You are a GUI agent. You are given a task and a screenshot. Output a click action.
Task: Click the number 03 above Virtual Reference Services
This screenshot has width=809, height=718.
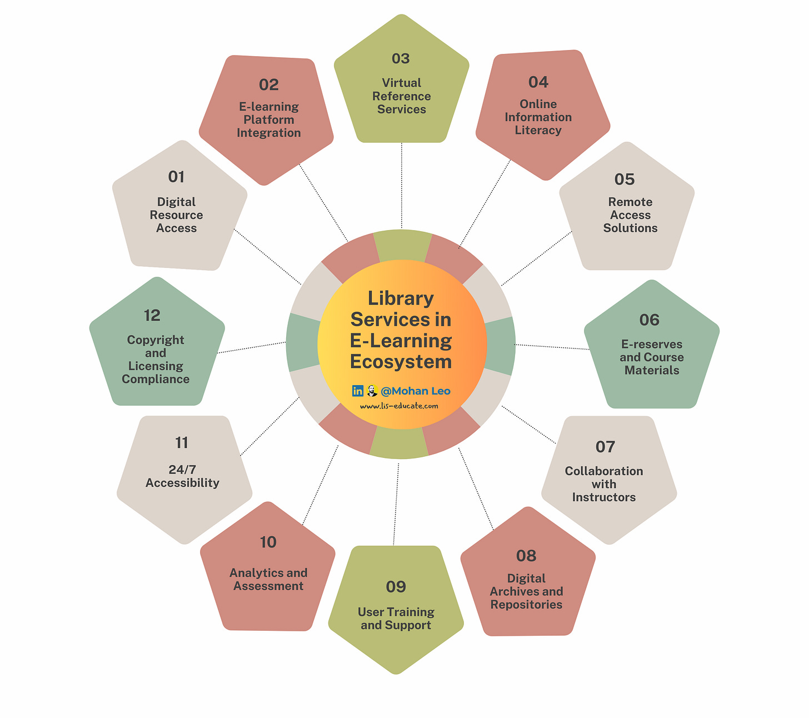(401, 58)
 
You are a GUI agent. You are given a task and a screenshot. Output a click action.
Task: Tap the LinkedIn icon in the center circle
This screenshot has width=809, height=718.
(358, 391)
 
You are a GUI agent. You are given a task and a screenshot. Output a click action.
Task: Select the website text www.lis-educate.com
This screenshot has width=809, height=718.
(399, 406)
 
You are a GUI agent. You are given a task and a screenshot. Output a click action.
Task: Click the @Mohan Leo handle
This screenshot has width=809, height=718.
(416, 391)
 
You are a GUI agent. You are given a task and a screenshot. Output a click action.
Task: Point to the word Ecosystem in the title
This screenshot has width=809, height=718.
(401, 362)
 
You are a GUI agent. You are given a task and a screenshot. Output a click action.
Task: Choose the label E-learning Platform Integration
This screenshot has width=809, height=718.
(269, 119)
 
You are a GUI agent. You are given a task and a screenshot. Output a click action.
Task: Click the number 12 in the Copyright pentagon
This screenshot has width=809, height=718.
(152, 315)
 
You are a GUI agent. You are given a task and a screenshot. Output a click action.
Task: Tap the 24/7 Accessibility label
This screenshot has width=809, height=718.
(182, 476)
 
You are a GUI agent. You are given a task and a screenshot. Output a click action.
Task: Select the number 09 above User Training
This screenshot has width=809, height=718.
(396, 587)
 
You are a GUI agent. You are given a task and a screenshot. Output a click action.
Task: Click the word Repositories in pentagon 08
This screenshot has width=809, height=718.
(526, 605)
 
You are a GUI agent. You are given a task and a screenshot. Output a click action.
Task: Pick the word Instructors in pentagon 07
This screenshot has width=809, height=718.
(604, 497)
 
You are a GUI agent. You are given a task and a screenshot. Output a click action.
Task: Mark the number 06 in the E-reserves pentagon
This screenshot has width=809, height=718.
(649, 320)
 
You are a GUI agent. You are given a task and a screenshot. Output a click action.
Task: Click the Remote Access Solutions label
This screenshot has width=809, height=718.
(630, 215)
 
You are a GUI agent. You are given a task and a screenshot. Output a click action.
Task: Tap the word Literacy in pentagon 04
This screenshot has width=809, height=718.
(538, 130)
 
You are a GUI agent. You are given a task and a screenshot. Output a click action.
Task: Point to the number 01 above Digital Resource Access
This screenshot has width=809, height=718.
(176, 177)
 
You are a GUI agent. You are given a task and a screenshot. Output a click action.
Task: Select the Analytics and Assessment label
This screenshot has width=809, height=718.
(268, 579)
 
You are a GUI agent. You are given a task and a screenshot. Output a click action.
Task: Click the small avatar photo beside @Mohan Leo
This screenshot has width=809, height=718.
(372, 391)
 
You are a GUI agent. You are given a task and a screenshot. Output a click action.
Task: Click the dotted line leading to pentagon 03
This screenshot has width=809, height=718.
(401, 186)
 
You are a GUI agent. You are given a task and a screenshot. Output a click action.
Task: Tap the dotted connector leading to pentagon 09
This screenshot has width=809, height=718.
(396, 503)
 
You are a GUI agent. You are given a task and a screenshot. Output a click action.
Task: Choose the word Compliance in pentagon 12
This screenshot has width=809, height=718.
(156, 379)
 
